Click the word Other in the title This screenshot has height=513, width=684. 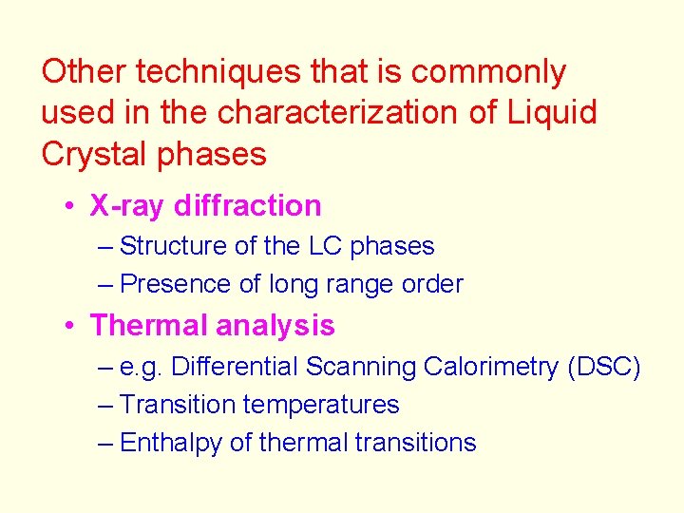[85, 71]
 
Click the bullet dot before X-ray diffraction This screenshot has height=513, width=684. [71, 206]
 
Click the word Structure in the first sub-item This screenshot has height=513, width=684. [174, 246]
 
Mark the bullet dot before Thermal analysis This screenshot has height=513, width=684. [71, 327]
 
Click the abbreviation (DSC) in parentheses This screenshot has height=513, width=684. [603, 367]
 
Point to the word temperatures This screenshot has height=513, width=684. [321, 405]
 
